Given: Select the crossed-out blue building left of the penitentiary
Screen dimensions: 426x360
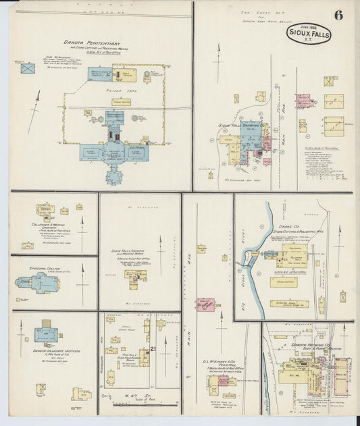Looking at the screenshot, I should tap(27, 68).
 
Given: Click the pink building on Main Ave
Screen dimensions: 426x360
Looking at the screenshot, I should tap(205, 304).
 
